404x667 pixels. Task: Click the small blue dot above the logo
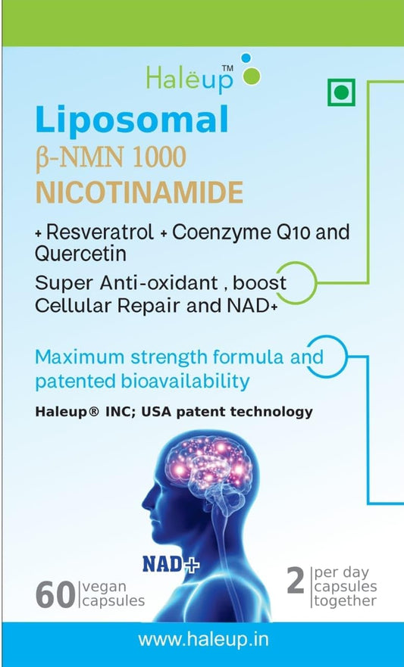pyautogui.click(x=244, y=58)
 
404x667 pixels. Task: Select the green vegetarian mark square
pyautogui.click(x=342, y=94)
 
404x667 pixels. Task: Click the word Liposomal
pyautogui.click(x=131, y=120)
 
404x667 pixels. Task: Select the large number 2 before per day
pyautogui.click(x=295, y=581)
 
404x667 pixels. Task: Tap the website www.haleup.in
pyautogui.click(x=202, y=639)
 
